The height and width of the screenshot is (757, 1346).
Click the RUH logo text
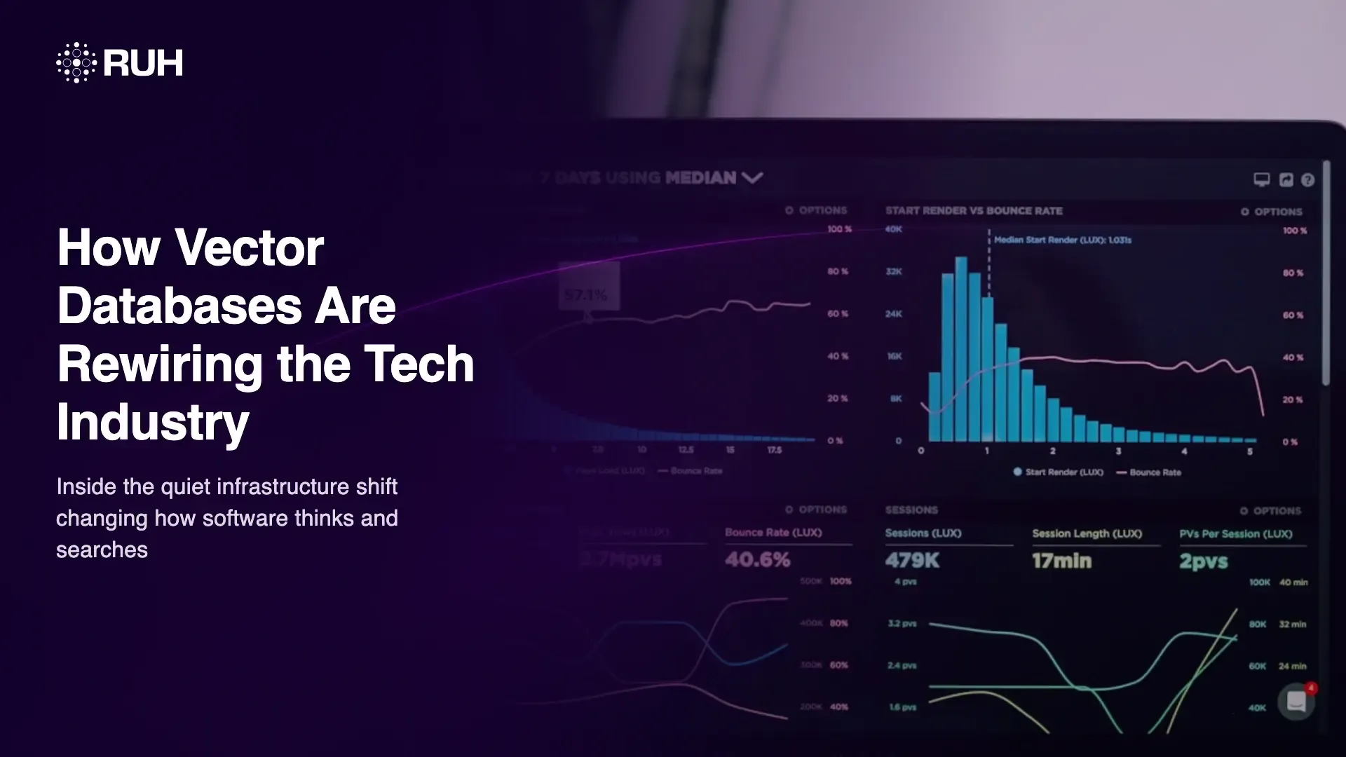point(143,63)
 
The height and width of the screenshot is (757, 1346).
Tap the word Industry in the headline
point(153,422)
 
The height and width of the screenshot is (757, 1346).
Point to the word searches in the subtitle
point(102,550)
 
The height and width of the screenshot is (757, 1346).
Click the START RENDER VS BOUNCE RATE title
point(974,211)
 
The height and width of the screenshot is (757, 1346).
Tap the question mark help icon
point(1307,180)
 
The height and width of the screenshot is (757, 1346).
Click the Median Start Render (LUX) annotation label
point(1062,240)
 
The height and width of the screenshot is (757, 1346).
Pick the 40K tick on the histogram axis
point(893,229)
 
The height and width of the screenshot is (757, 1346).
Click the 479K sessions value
point(912,561)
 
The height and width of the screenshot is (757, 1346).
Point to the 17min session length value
point(1061,561)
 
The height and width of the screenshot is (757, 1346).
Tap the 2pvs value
point(1204,561)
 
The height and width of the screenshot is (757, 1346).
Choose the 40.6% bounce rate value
point(757,559)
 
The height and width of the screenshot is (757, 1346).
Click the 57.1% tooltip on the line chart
point(587,295)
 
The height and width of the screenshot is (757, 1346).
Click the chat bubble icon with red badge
point(1296,701)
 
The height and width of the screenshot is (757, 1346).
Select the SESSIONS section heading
point(911,510)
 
